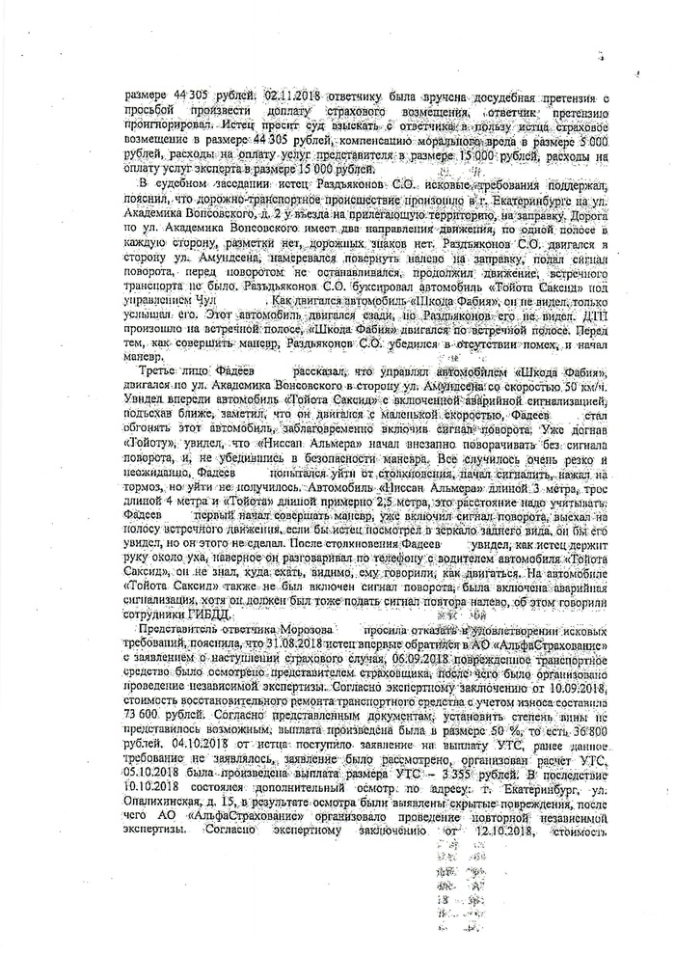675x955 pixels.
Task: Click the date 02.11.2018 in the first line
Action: coord(283,97)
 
